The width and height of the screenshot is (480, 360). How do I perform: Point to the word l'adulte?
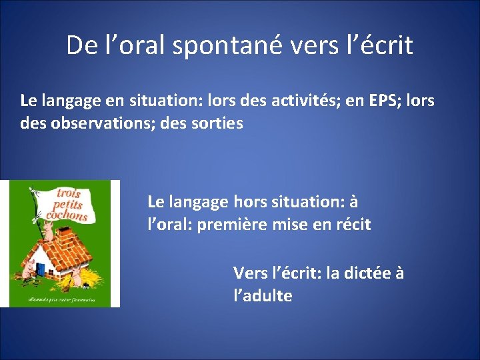pyautogui.click(x=263, y=296)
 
